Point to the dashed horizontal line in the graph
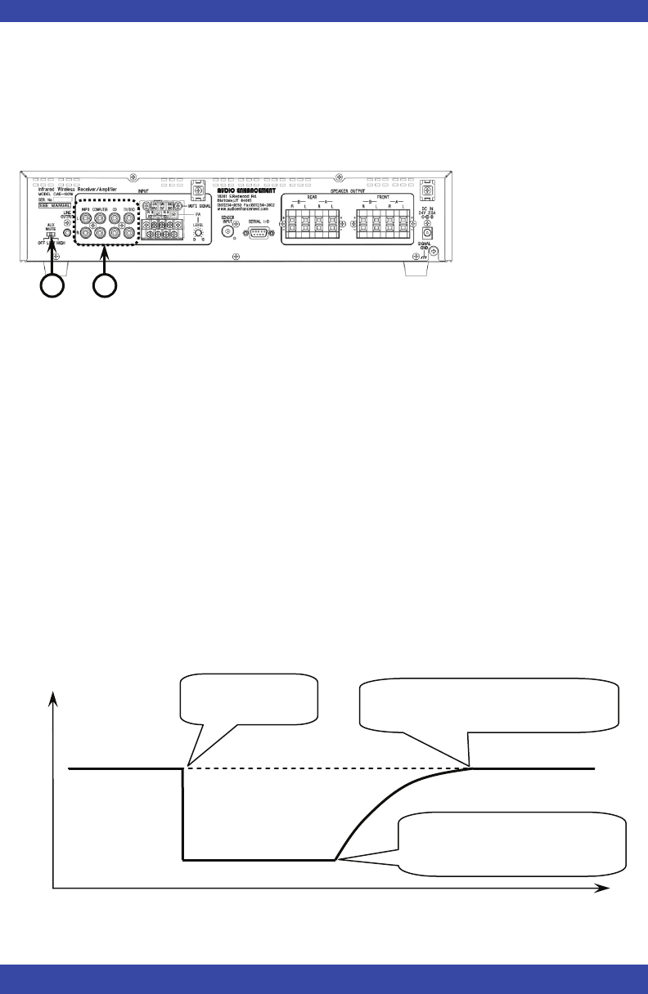point(327,768)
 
